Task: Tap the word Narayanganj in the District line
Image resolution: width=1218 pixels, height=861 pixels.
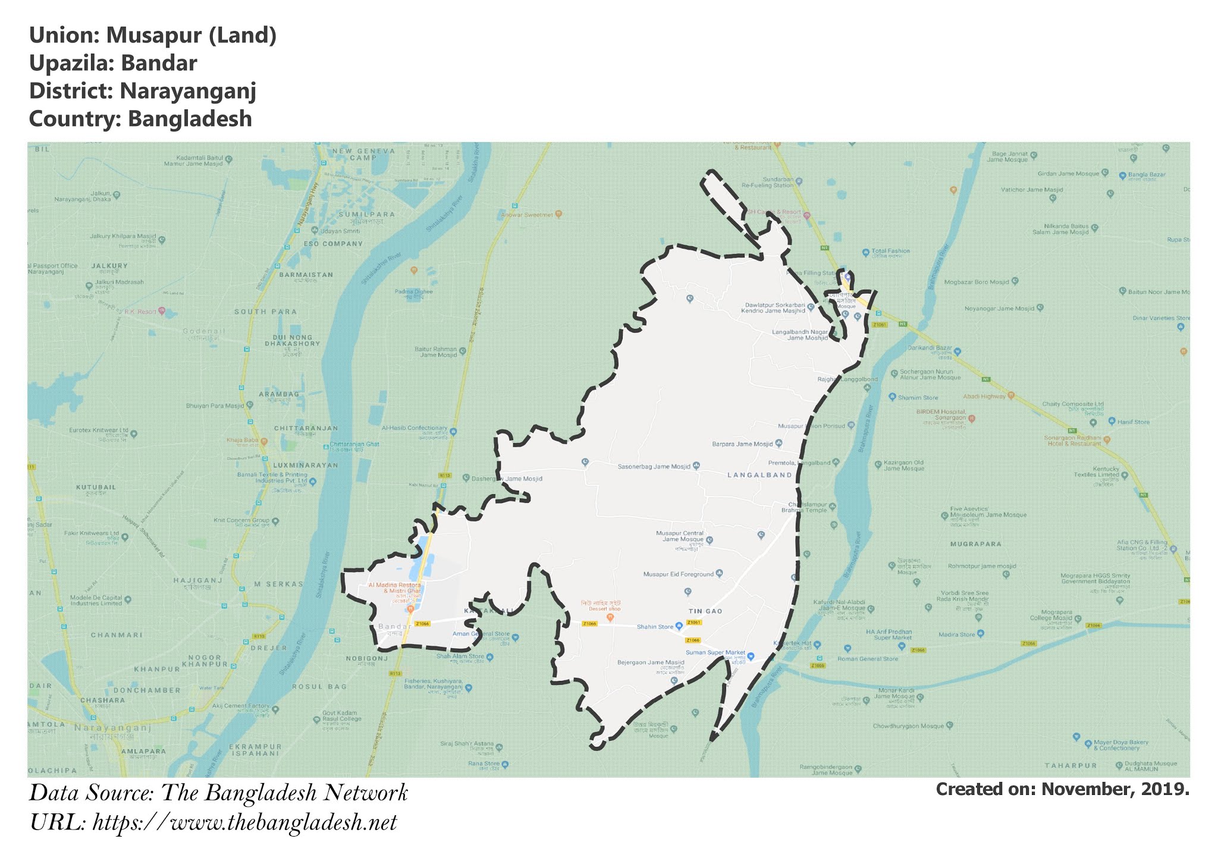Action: (187, 91)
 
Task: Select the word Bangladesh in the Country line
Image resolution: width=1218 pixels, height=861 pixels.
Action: (190, 119)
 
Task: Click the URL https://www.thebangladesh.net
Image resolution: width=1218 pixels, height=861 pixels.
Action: (244, 823)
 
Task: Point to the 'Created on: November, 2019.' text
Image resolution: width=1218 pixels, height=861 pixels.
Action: (1062, 790)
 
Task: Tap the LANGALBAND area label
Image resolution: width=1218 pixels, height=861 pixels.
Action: (760, 475)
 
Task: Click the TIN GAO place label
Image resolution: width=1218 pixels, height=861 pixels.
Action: (705, 611)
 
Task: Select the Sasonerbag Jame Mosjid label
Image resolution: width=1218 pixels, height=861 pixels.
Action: (654, 467)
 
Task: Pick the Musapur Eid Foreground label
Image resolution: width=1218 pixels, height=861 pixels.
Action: (678, 574)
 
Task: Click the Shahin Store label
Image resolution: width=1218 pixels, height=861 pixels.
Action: (655, 627)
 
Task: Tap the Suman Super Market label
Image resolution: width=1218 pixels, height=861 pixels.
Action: (715, 653)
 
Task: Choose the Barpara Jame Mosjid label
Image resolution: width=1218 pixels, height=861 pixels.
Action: (742, 444)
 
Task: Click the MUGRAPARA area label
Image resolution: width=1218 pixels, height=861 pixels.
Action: (975, 544)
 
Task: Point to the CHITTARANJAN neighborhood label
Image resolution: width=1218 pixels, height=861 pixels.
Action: (306, 428)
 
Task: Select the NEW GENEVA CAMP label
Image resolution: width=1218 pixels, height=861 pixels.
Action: (363, 154)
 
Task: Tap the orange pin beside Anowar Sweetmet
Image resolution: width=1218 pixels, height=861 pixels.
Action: (558, 214)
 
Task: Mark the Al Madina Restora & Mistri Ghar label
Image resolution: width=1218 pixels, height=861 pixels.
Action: (394, 588)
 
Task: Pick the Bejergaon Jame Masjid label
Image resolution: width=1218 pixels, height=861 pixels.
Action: (651, 662)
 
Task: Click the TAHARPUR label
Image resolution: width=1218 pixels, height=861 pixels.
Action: (1071, 765)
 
